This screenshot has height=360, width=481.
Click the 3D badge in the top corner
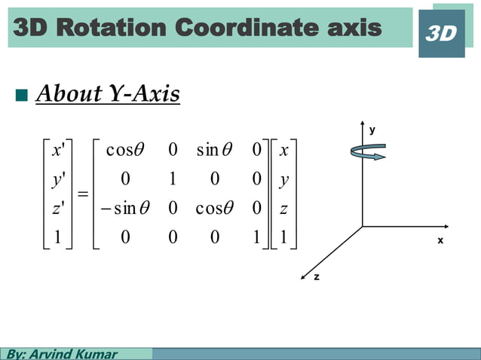point(441,34)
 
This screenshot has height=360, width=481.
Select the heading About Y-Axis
point(108,95)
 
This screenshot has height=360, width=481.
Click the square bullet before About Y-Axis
point(20,96)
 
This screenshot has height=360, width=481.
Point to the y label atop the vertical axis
point(371,130)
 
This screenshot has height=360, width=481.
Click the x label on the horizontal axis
point(441,240)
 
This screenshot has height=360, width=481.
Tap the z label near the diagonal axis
point(317,277)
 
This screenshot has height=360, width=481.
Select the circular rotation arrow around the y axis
point(368,152)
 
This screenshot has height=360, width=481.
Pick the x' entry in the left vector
point(56,151)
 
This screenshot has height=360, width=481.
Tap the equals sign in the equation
point(84,195)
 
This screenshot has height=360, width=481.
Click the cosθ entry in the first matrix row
point(126,151)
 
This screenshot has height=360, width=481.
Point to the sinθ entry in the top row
point(218,151)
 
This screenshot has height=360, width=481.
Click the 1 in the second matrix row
point(173,180)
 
